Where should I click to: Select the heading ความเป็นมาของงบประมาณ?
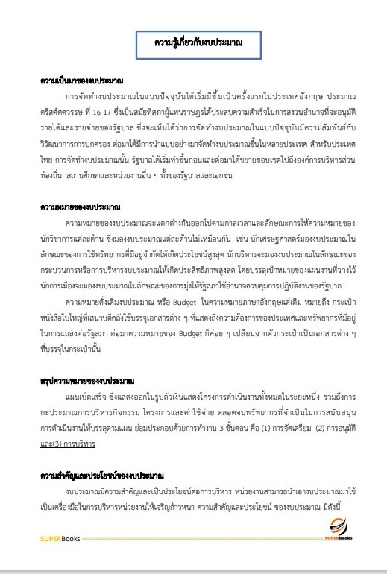click(x=81, y=80)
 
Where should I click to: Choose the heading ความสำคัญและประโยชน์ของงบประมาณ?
click(x=102, y=475)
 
